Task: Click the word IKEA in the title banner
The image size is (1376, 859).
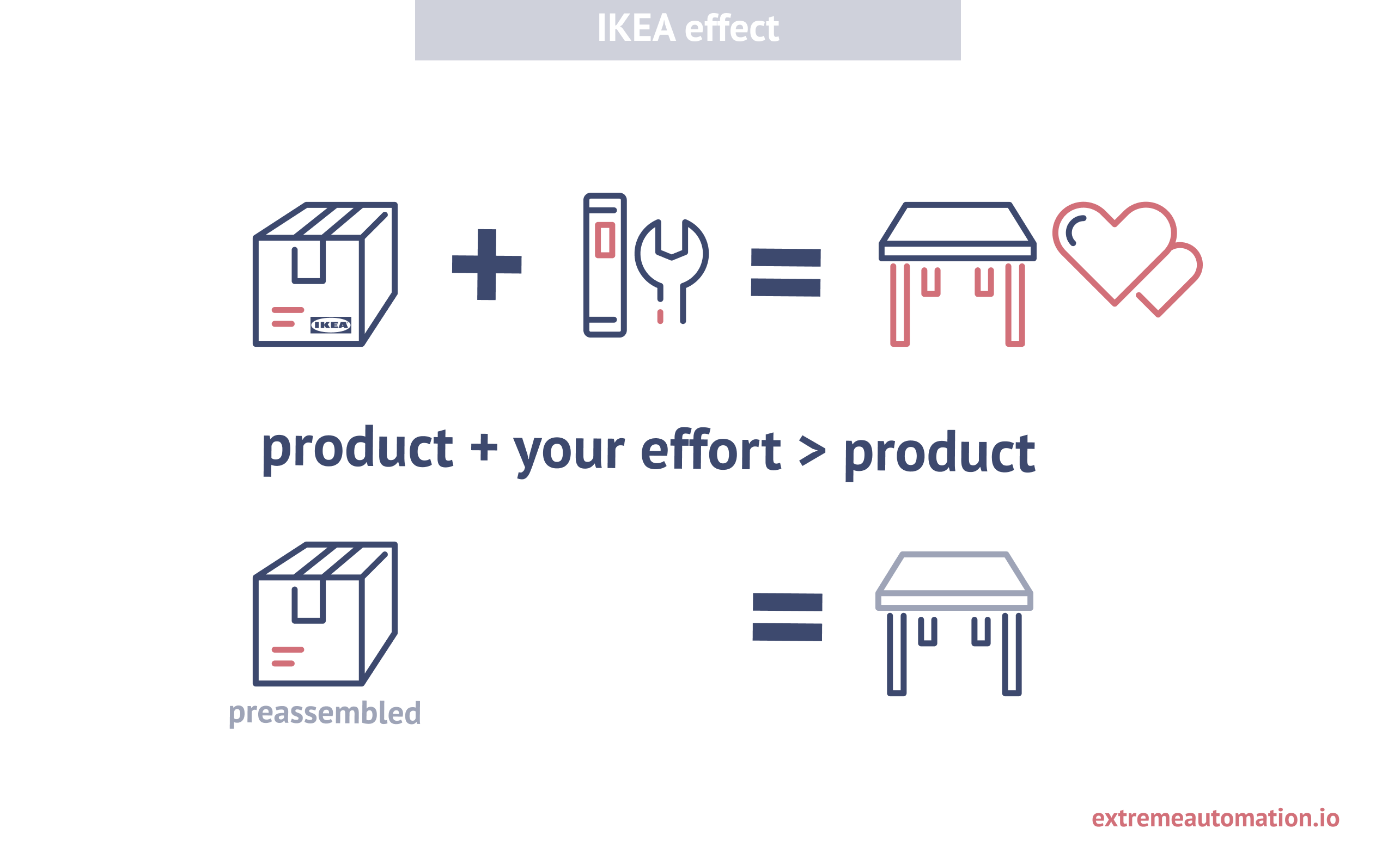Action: tap(636, 28)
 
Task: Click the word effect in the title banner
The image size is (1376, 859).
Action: tap(732, 28)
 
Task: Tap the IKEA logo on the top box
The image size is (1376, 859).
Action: tap(331, 325)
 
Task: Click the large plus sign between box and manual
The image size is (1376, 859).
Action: tap(486, 265)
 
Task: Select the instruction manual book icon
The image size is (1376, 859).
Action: tap(605, 265)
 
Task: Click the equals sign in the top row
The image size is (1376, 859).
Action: tap(786, 273)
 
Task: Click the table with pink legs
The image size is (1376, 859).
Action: tap(958, 274)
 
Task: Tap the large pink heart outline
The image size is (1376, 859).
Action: tap(1115, 253)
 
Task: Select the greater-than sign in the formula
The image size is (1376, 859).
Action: tap(812, 451)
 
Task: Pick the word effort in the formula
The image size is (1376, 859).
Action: tap(710, 450)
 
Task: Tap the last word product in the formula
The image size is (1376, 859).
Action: tap(940, 455)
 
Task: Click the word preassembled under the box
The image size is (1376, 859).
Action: tap(325, 713)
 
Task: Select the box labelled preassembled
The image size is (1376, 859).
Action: tap(325, 614)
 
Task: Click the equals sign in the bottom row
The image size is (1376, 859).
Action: tap(787, 617)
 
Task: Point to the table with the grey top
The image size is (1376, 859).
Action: tap(954, 623)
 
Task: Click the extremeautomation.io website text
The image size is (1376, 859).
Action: tap(1215, 818)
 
